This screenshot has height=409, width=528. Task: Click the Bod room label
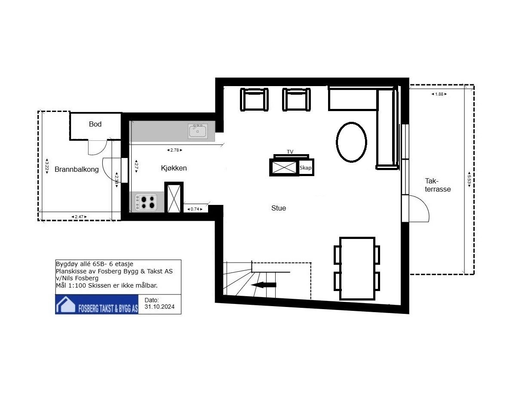[x=95, y=124]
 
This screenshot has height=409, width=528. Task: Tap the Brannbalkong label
[x=77, y=169]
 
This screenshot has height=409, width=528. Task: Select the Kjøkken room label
[x=174, y=168]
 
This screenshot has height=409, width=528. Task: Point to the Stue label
[x=279, y=208]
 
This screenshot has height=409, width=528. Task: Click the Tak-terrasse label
[x=438, y=185]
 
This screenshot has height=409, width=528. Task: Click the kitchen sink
[x=197, y=131]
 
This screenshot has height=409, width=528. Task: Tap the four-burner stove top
[x=146, y=202]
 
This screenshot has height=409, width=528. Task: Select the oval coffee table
[x=351, y=142]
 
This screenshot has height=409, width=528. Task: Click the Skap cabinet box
[x=306, y=167]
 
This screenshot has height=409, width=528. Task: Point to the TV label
[x=290, y=152]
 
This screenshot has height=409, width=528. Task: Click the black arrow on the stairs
[x=264, y=285]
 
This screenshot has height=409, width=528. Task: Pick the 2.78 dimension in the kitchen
[x=175, y=150]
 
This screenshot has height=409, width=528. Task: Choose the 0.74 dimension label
[x=195, y=209]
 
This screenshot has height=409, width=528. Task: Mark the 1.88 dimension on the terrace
[x=439, y=94]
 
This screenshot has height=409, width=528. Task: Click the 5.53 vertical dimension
[x=469, y=180]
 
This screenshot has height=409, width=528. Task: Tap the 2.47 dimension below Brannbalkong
[x=79, y=217]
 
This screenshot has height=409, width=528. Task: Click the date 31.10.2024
[x=160, y=307]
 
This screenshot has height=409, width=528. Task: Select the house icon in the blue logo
[x=66, y=305]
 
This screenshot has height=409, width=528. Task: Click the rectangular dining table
[x=357, y=268]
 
